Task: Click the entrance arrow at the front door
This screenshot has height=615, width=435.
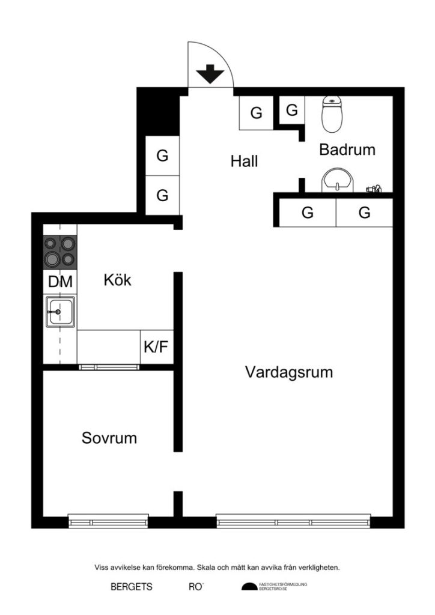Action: pos(210,75)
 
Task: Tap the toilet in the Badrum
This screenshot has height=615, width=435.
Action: pos(332,114)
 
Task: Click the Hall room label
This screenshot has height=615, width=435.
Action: pos(244,161)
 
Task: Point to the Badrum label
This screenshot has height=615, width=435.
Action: pos(347,150)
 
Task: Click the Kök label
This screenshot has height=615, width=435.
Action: pos(117,280)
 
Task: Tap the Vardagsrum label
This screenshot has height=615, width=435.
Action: pos(289,372)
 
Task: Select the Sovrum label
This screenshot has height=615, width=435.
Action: pos(109,438)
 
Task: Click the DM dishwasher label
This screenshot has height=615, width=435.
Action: pos(60,281)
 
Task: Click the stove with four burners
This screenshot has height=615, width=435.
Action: pos(60,252)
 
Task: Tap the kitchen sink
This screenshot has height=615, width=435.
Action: pos(59,312)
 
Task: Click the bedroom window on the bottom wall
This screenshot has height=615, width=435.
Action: pos(108,521)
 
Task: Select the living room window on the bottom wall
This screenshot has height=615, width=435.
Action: pos(293,521)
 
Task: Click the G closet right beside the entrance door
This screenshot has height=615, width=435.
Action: pos(257,112)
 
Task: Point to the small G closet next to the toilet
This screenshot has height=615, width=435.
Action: pos(291,110)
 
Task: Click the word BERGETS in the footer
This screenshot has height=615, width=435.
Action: pos(132,587)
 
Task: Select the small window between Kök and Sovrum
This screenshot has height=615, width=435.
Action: pos(109,366)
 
